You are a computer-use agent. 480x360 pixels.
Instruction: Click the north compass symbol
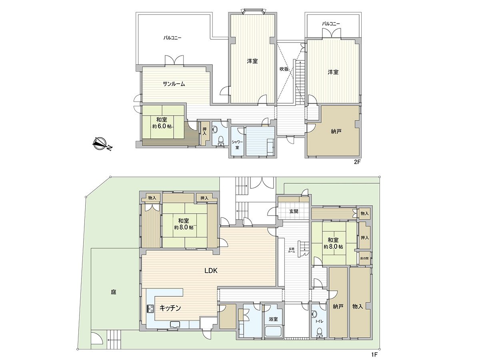pos(102,144)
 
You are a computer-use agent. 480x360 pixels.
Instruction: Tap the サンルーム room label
pos(174,84)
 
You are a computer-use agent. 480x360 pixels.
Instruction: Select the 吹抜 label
pos(284,69)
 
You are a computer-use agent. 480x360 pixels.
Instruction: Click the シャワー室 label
pos(237,144)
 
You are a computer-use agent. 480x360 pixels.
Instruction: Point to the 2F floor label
pos(356,162)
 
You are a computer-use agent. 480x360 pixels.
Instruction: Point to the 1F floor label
pos(374,354)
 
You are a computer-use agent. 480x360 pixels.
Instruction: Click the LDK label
pos(211,271)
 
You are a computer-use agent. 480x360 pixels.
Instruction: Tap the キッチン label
pos(170,308)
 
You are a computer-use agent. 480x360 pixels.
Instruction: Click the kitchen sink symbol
pos(174,325)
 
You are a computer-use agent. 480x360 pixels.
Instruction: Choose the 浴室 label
pos(273,319)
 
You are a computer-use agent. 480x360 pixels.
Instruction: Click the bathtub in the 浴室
pos(274,332)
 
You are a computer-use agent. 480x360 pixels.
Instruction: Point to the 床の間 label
pos(364,258)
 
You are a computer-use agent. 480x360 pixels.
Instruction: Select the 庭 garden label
pos(114,292)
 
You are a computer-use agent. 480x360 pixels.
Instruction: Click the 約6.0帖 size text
pos(162,126)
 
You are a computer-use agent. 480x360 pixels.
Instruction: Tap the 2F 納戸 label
pos(336,131)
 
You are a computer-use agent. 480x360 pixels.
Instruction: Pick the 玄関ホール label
pos(292,250)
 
